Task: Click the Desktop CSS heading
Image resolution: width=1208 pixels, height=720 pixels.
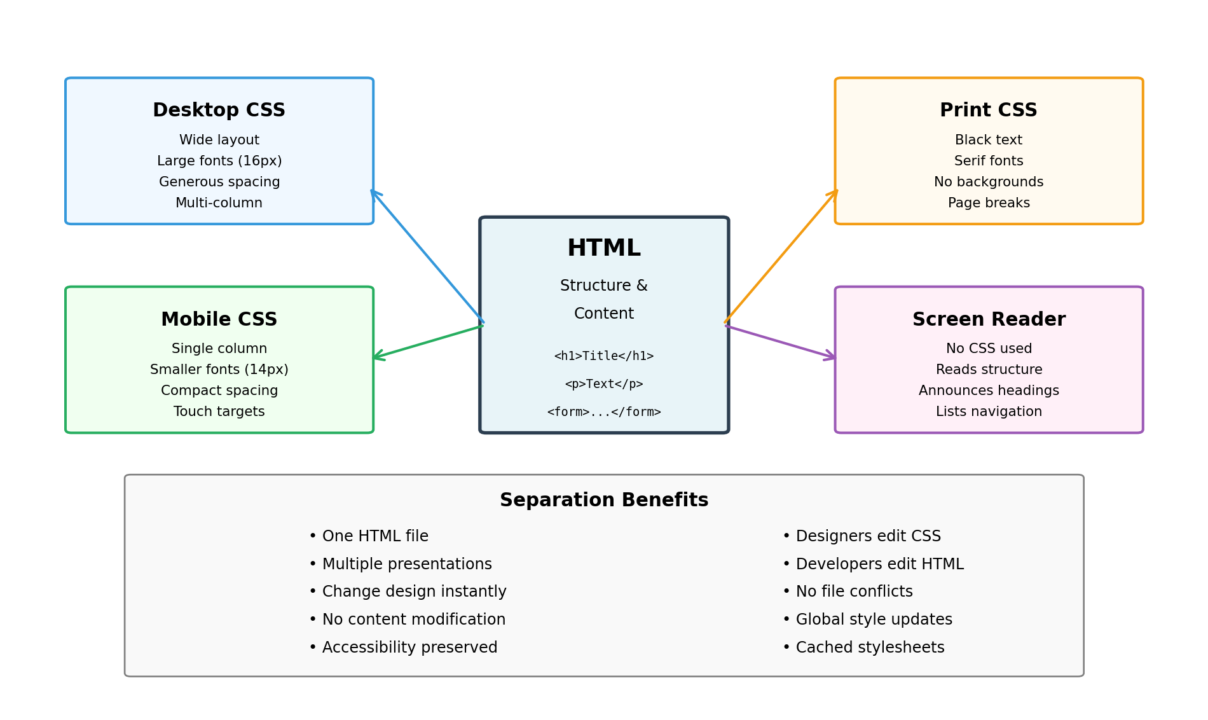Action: (x=219, y=110)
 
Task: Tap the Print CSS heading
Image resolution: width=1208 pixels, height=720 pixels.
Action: (x=988, y=110)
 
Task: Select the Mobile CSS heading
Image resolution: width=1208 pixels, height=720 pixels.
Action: (x=219, y=319)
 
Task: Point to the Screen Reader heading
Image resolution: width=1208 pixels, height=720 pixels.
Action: (x=988, y=319)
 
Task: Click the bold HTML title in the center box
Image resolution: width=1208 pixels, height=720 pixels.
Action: (x=603, y=248)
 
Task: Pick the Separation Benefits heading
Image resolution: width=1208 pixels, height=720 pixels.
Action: (x=603, y=501)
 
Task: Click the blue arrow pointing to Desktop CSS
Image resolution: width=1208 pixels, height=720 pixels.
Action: (x=427, y=256)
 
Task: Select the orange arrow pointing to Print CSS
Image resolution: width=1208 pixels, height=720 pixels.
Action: (x=781, y=256)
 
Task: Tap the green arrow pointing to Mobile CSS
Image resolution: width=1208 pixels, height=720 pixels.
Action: (x=428, y=342)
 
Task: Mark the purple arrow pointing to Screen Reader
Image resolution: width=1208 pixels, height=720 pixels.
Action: (x=780, y=342)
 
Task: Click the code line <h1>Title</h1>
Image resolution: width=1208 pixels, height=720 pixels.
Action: (x=603, y=356)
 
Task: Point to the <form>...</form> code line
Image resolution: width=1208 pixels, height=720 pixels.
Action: (x=603, y=412)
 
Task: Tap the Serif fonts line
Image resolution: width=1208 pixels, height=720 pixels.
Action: (x=988, y=161)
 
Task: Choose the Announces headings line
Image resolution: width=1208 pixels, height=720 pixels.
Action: (x=988, y=391)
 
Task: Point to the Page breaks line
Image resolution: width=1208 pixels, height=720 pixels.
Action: (x=988, y=203)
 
